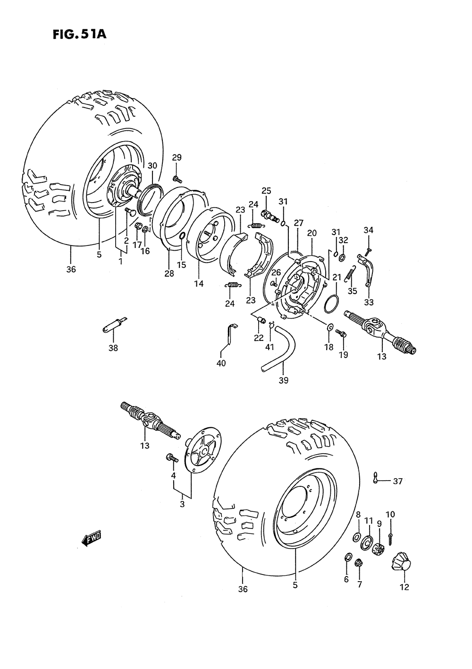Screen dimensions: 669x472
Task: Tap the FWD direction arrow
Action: click(x=91, y=538)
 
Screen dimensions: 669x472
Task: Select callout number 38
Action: click(x=113, y=348)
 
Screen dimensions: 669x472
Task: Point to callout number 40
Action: click(x=221, y=363)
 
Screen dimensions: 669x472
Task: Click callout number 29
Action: click(x=177, y=158)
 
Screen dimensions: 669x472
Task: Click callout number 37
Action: click(x=397, y=481)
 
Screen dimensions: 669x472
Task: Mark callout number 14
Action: click(x=198, y=284)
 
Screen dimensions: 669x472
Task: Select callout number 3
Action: click(x=182, y=504)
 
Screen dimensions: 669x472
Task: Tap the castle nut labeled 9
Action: click(x=378, y=550)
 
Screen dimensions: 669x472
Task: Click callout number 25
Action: click(x=267, y=191)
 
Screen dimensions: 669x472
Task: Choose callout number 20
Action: click(x=312, y=233)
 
